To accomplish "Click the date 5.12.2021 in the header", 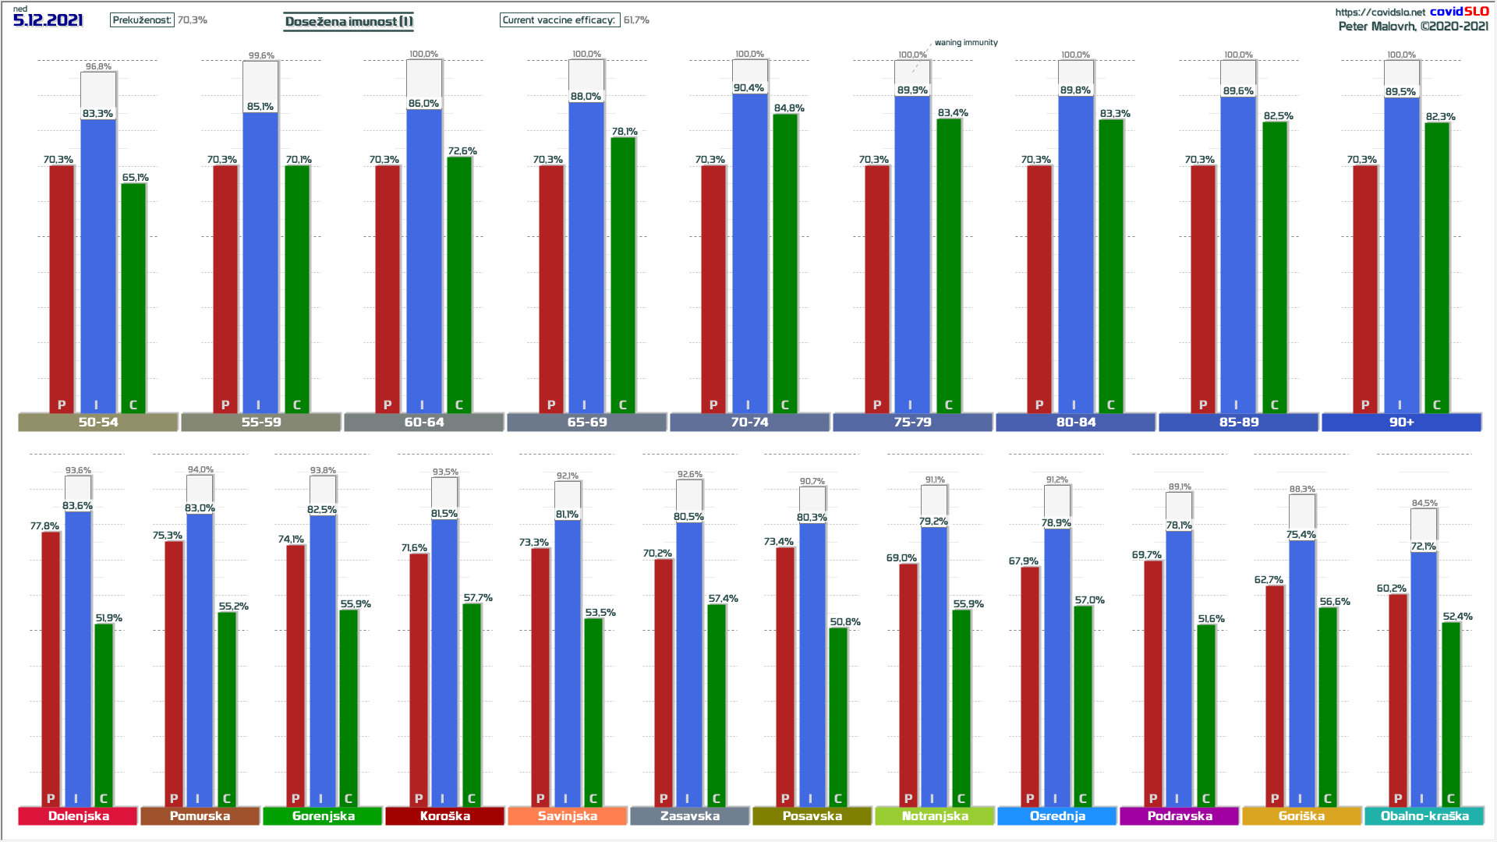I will [x=48, y=21].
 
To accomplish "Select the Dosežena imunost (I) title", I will [x=349, y=21].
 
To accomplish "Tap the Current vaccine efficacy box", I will [x=559, y=20].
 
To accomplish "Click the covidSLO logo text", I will [x=1459, y=11].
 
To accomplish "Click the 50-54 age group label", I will [x=98, y=422].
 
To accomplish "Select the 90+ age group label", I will [x=1401, y=422].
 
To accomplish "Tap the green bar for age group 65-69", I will [x=622, y=273].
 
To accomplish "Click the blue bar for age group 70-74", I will [x=749, y=249].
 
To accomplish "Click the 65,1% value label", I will [x=135, y=178].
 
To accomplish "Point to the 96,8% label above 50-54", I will [x=98, y=66].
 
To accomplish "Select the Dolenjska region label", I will [x=78, y=815].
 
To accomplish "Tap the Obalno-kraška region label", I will [x=1424, y=815].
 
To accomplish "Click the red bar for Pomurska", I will [x=174, y=670].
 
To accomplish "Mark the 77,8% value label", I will [x=44, y=526].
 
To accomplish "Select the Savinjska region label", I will [x=567, y=815].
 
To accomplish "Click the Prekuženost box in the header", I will [x=142, y=20].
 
